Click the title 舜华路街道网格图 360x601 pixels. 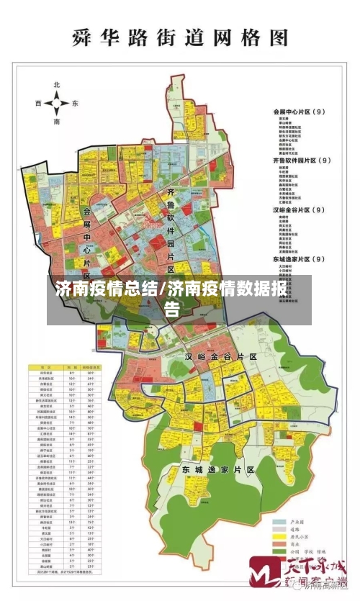click(180, 38)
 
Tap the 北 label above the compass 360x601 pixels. click(56, 86)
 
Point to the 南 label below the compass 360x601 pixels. click(56, 122)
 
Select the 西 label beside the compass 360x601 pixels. click(38, 104)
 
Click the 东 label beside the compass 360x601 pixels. click(75, 104)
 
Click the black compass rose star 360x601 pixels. click(56, 104)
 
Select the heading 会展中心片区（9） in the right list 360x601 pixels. click(300, 112)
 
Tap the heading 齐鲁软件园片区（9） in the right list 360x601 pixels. click(302, 161)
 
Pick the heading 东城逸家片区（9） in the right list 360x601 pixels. click(300, 258)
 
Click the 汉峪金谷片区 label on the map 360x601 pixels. click(221, 356)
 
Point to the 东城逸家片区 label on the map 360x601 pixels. click(218, 469)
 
